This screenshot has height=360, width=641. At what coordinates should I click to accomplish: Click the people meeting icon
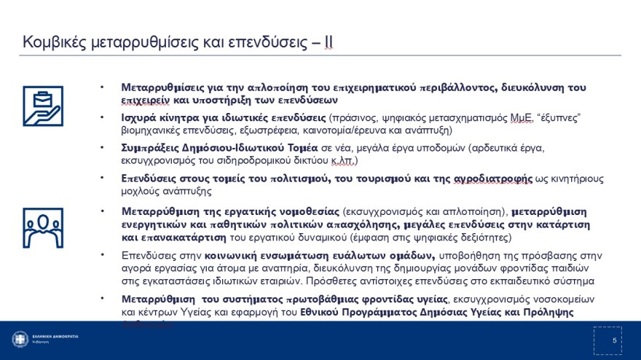point(42,228)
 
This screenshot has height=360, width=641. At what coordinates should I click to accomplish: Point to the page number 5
point(614,340)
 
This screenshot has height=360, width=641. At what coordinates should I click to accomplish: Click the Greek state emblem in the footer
point(20,340)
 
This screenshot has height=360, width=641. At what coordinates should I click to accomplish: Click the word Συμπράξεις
point(150,148)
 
